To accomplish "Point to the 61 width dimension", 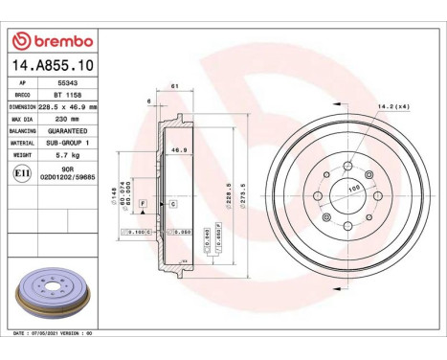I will pos(174,88).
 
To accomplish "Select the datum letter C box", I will pos(173,204).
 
